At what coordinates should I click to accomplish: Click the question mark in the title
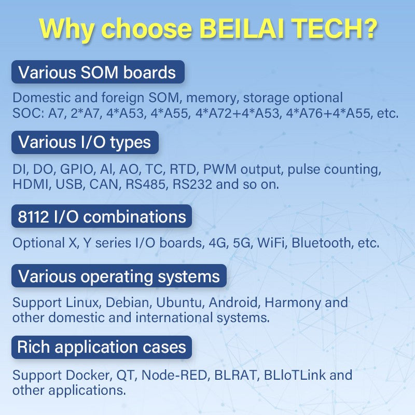coord(368,28)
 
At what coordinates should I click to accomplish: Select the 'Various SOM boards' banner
coord(98,72)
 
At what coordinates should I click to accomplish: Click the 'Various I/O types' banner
coord(85,142)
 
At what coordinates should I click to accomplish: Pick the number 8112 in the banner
coord(33,217)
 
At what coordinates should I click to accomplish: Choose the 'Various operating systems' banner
coord(119,276)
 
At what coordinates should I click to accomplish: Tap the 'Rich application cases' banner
coord(102,347)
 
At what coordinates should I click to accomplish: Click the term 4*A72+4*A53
coord(238,113)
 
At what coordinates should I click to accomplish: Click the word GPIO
coord(76,170)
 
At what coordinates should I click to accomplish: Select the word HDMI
coord(31,185)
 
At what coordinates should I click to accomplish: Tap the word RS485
coord(146,185)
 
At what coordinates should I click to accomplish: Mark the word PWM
coord(219,170)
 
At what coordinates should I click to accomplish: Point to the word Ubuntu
coord(178,302)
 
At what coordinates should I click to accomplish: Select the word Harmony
coord(293,303)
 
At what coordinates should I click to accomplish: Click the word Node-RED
coord(174,375)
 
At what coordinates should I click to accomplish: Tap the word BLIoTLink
coord(294,375)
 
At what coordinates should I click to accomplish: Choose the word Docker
coord(88,375)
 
